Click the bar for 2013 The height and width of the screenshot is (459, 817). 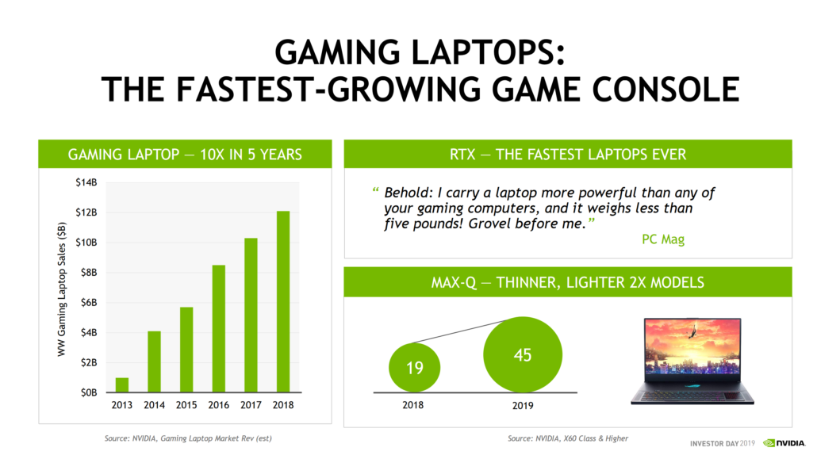[x=121, y=384]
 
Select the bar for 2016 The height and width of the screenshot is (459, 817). [x=219, y=328]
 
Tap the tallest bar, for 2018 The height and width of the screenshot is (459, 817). [x=283, y=301]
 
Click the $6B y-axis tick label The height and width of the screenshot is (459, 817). [x=87, y=302]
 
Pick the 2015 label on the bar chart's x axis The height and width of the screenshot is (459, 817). [x=186, y=405]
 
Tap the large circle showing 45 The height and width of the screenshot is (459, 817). [x=522, y=355]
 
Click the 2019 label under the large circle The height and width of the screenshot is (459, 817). [x=522, y=405]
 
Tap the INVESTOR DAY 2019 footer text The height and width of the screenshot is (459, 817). [x=722, y=443]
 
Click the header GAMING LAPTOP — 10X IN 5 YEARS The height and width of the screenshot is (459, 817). [x=185, y=154]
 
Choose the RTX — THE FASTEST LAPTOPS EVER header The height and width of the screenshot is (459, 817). [x=567, y=154]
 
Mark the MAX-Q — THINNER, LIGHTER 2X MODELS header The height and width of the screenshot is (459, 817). [x=567, y=282]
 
